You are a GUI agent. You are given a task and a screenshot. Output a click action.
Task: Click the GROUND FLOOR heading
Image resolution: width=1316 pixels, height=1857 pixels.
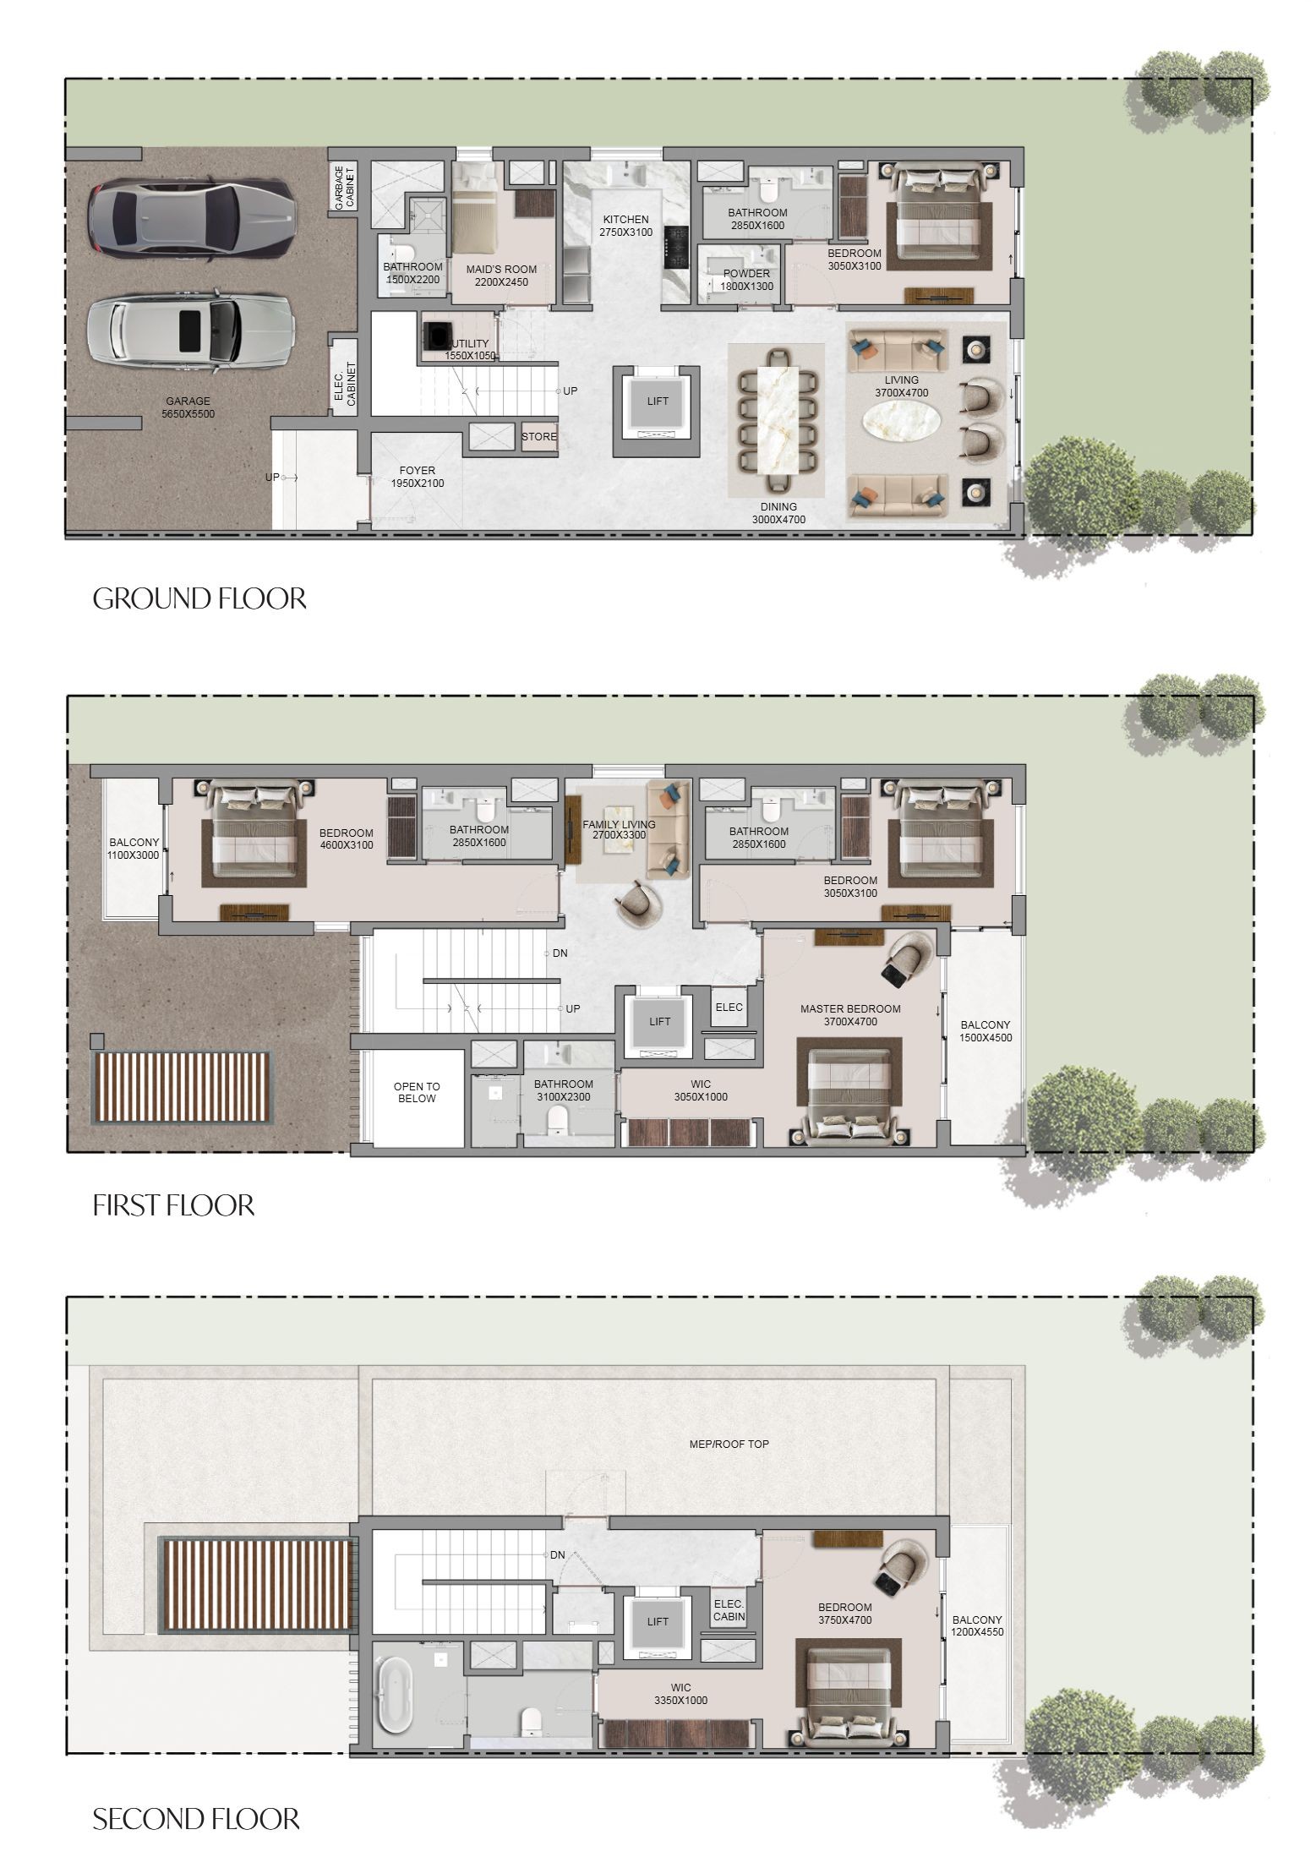point(199,598)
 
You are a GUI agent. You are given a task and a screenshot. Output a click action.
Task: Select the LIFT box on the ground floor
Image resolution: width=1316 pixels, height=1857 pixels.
point(658,401)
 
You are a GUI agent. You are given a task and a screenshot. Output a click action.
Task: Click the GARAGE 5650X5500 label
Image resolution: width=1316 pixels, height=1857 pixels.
point(188,407)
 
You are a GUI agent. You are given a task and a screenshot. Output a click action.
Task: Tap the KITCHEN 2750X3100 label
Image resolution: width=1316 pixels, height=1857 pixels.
point(625,226)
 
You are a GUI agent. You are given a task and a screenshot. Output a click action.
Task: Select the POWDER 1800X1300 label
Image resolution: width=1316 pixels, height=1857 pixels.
point(746,280)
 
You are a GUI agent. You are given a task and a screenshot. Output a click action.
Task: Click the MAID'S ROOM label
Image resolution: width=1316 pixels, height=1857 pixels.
point(501,270)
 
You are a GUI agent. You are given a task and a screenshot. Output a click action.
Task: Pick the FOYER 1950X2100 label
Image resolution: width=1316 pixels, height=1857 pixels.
point(417,477)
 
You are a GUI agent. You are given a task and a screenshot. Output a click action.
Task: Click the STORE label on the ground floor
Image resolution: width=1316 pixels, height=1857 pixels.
point(539,437)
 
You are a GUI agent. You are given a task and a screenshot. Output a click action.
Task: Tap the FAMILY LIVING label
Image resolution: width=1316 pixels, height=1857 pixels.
point(620,825)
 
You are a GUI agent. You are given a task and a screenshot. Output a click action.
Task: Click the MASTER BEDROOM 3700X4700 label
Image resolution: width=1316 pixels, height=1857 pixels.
point(850,1015)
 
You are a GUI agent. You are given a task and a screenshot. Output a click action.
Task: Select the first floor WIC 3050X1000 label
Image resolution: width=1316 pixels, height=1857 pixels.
point(701,1090)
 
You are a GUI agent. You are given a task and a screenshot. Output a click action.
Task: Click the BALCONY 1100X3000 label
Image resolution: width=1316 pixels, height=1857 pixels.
point(134,849)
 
